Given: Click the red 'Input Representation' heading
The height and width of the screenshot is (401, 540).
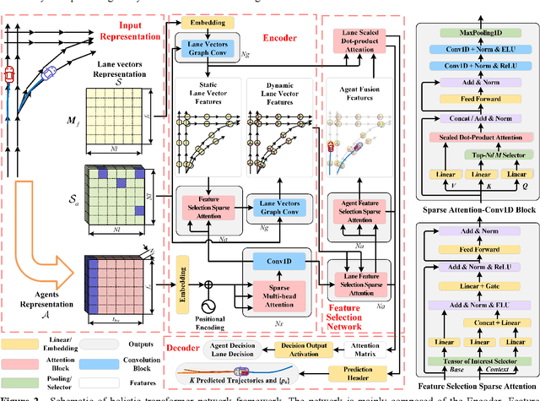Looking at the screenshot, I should [x=132, y=32].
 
